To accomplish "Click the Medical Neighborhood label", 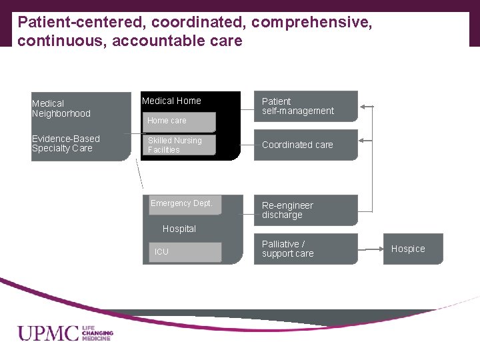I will pos(61,108).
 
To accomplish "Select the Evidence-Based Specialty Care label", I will pos(66,143).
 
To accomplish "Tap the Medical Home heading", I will pos(171,101).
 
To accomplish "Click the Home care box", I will pos(179,121).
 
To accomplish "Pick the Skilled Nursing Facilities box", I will pos(179,145).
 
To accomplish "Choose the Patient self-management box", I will pos(305,107).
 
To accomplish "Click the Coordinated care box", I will pos(305,145).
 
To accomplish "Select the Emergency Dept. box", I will pos(182,204).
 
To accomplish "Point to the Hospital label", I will pos(179,229).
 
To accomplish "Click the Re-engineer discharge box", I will pos(305,210).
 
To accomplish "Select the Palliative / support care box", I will pos(305,249).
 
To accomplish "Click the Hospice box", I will pos(412,249).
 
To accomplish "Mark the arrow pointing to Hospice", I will pos(371,249).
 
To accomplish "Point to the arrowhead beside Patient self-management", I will pos(363,106).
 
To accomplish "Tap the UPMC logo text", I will pos(48,333).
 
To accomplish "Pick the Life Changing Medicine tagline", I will pos(97,333).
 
